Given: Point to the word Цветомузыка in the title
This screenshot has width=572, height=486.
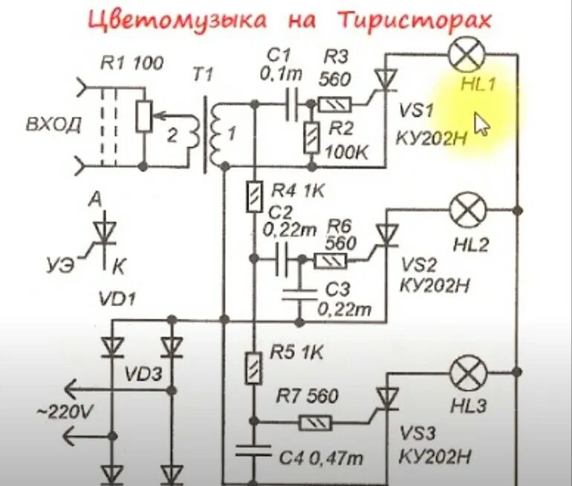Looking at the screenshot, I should point(177,20).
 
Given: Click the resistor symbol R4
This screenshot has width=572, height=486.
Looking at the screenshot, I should point(255,197).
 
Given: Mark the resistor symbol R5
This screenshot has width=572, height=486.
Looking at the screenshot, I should point(255,368).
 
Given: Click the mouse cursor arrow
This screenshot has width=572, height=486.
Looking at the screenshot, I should point(481,124).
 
